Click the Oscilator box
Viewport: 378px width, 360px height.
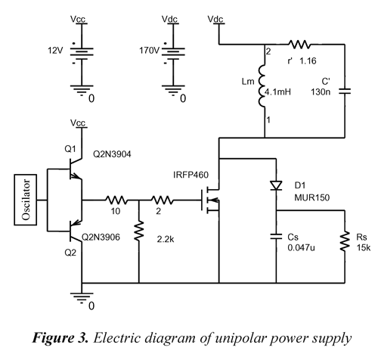pyautogui.click(x=26, y=200)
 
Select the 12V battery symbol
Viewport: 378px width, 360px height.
pyautogui.click(x=82, y=54)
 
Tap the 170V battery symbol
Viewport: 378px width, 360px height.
pyautogui.click(x=173, y=54)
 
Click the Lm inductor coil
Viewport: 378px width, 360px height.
pyautogui.click(x=262, y=86)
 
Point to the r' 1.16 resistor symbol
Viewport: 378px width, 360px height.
pyautogui.click(x=299, y=45)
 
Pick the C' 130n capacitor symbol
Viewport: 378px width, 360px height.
pyautogui.click(x=345, y=91)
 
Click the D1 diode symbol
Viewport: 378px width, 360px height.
pyautogui.click(x=276, y=185)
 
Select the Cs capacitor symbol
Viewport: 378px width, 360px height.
pyautogui.click(x=276, y=237)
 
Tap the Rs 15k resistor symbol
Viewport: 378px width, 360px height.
pyautogui.click(x=345, y=241)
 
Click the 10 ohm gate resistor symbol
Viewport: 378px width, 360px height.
pyautogui.click(x=116, y=200)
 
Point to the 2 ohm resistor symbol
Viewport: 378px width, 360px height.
pyautogui.click(x=162, y=200)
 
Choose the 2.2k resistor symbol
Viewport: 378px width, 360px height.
pyautogui.click(x=138, y=231)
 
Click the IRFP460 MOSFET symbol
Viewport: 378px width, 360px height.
pyautogui.click(x=210, y=200)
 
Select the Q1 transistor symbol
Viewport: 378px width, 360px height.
pyautogui.click(x=76, y=169)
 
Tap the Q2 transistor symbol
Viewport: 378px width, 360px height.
pyautogui.click(x=76, y=231)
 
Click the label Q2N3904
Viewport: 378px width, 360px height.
pyautogui.click(x=112, y=154)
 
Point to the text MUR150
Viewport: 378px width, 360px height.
pyautogui.click(x=312, y=197)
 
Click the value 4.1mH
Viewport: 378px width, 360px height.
pyautogui.click(x=277, y=92)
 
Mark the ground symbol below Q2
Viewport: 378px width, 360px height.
pyautogui.click(x=82, y=297)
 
